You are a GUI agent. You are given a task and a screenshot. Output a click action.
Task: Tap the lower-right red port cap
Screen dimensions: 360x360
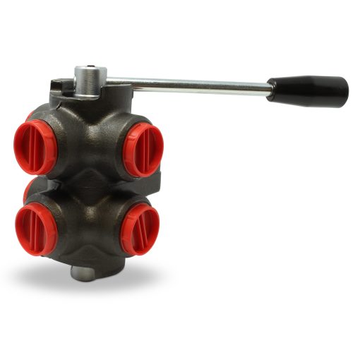pyautogui.click(x=140, y=229)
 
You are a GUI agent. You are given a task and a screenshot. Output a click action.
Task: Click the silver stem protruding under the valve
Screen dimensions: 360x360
pyautogui.click(x=83, y=272)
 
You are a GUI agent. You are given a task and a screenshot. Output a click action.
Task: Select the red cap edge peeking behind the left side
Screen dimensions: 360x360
pyautogui.click(x=26, y=189)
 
